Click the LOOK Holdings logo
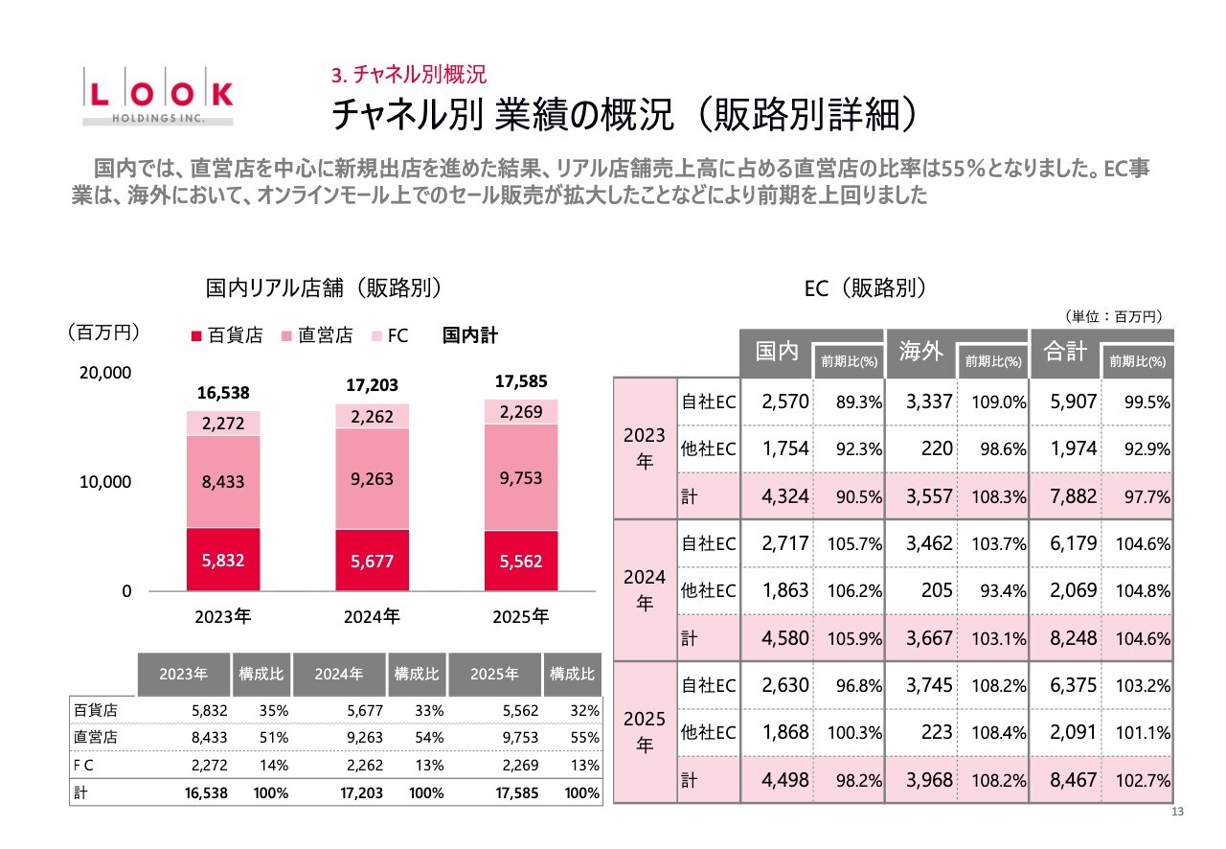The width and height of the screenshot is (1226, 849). pos(158,96)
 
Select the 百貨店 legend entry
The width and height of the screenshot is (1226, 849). pos(227,335)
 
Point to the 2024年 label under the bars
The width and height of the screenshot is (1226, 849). pos(372,617)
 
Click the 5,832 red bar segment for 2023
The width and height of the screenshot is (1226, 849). pos(223,559)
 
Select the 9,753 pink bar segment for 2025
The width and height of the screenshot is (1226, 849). pos(521,477)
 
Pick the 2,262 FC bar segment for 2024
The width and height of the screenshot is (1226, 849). pos(372,417)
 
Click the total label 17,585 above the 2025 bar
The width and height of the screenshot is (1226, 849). pos(521,381)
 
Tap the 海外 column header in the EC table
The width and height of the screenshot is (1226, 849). pos(920,352)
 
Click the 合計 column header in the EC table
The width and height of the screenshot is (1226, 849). pos(1065,352)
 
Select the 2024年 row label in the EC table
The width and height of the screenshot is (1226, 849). pos(644,590)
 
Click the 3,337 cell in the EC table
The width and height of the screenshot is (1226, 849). pos(929,402)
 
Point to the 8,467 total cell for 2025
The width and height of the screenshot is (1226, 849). pos(1073,779)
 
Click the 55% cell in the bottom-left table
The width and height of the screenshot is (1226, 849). pos(587,738)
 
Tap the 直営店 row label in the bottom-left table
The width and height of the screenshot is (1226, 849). pos(96,738)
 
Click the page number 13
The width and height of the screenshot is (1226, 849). pos(1178,813)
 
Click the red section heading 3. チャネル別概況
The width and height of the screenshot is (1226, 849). pos(409,75)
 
